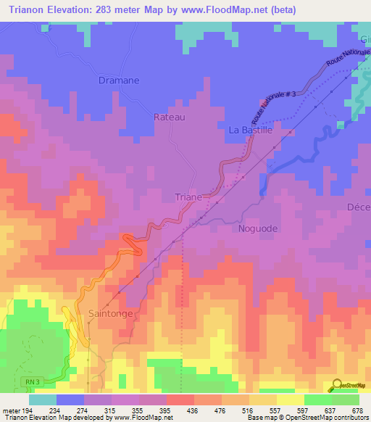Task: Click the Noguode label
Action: click(x=257, y=228)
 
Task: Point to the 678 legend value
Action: click(x=357, y=410)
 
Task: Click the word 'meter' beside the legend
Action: click(x=11, y=410)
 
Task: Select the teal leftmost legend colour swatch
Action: click(x=43, y=400)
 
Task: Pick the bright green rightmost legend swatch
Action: click(x=346, y=400)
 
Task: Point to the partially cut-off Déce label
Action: click(x=359, y=207)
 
